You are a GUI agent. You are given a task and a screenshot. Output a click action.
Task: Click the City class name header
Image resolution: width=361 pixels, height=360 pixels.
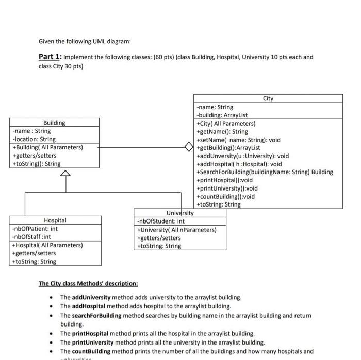(x=268, y=98)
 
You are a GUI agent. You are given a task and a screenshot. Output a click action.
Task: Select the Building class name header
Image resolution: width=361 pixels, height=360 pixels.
(x=54, y=123)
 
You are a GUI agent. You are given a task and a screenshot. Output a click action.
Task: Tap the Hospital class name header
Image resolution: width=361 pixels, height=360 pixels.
(x=55, y=220)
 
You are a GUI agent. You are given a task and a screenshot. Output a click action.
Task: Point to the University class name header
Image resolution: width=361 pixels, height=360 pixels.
(x=180, y=213)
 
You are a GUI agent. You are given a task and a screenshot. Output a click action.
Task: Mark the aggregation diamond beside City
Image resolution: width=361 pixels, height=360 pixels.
(x=190, y=147)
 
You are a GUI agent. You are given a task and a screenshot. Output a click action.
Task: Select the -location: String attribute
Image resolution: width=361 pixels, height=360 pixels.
(x=34, y=139)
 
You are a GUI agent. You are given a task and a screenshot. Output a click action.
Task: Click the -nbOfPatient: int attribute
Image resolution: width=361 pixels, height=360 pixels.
(x=35, y=229)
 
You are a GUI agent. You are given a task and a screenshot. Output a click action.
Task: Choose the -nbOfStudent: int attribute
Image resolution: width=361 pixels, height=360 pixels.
(x=161, y=221)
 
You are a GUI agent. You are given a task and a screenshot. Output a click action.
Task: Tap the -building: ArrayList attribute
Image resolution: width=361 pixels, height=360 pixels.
(x=222, y=115)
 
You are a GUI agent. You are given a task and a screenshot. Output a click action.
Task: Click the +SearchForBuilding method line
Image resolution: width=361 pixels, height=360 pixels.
(x=265, y=172)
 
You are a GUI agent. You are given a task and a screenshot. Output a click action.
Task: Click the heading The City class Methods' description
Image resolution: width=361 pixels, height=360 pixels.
(x=88, y=284)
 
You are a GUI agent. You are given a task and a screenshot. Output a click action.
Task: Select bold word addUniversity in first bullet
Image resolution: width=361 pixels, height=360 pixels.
(x=91, y=297)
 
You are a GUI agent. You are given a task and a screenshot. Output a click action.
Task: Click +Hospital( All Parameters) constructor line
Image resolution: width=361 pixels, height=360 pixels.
(x=47, y=245)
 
